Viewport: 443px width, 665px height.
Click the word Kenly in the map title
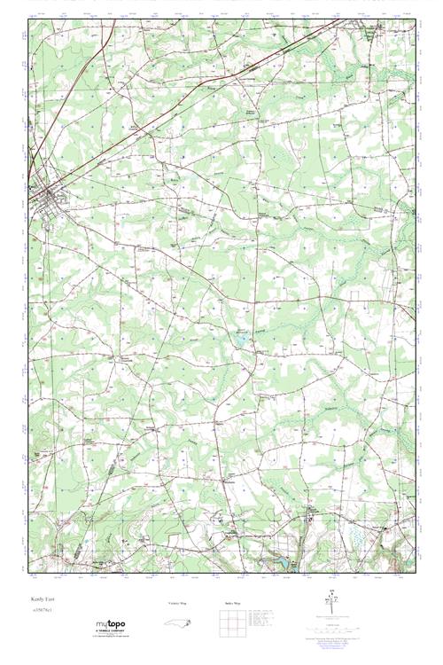click(35, 598)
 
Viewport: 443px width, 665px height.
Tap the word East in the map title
click(48, 598)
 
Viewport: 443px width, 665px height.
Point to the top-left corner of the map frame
click(28, 20)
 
